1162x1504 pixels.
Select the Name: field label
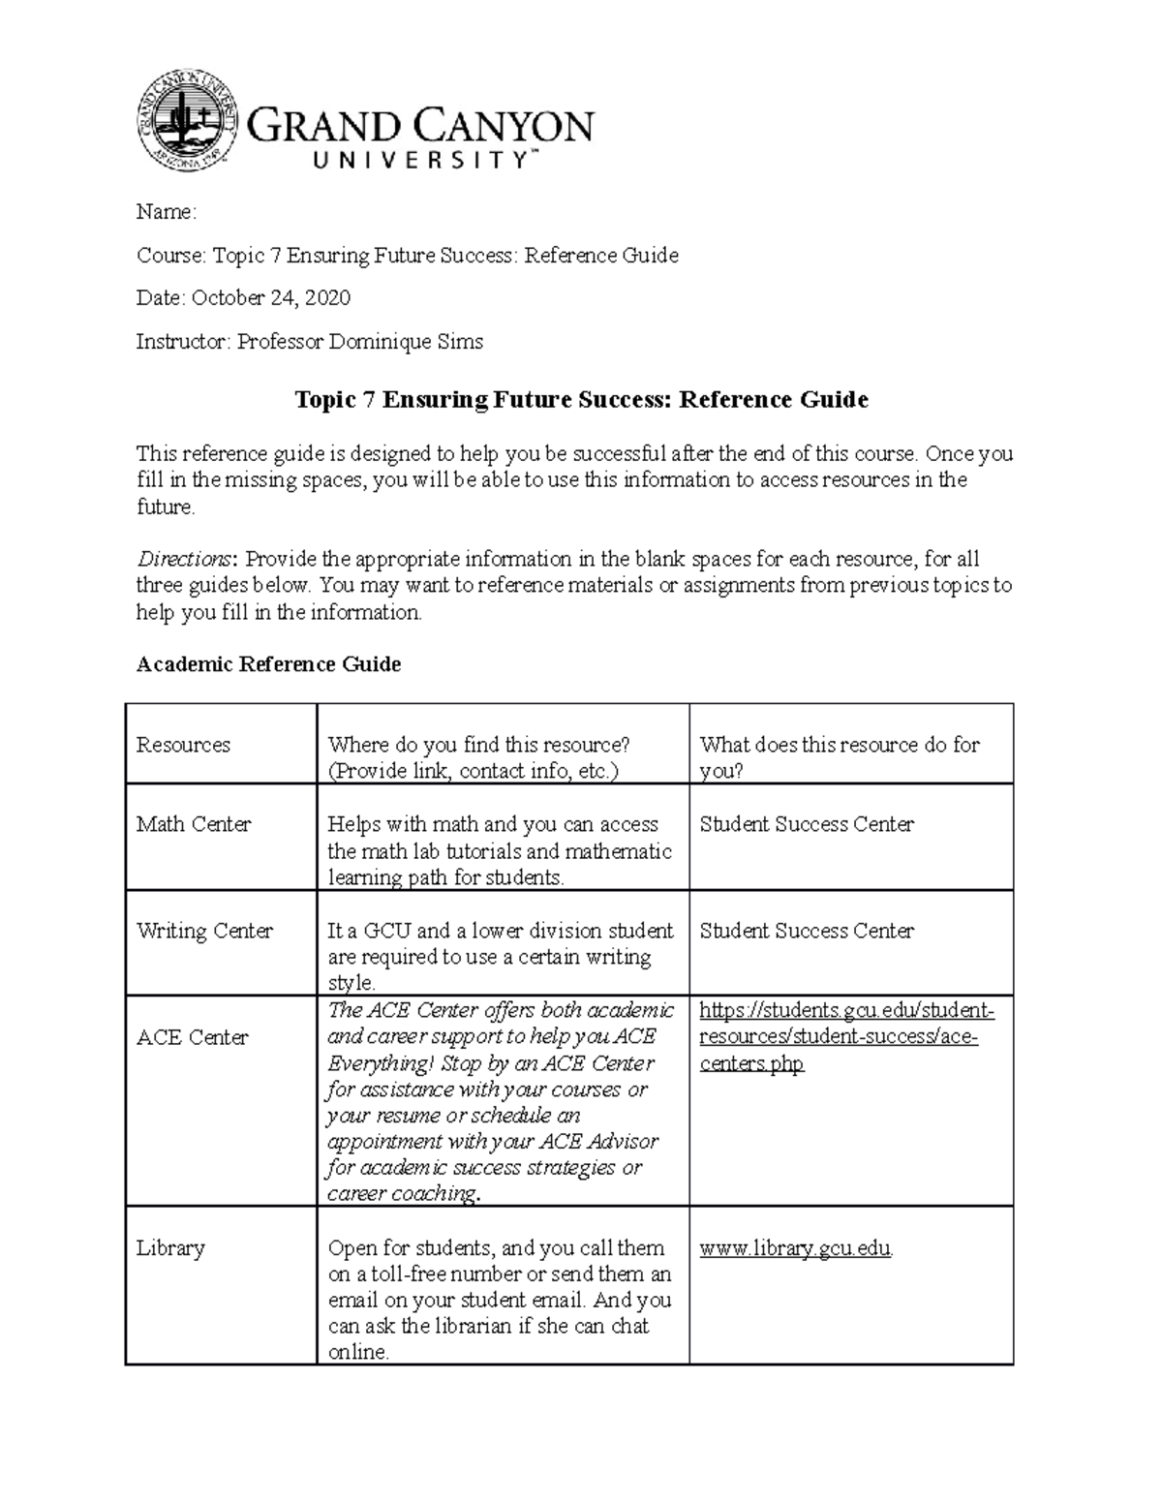point(167,212)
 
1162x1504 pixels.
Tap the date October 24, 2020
point(271,298)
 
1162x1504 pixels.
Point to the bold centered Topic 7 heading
point(581,400)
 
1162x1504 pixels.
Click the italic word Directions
point(184,560)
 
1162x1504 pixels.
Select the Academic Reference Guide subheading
point(268,664)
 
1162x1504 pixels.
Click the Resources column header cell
point(183,745)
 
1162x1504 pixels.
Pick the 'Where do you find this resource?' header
point(479,745)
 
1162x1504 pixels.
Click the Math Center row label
point(194,824)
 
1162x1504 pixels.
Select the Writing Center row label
point(204,931)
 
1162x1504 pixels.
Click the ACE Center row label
point(193,1037)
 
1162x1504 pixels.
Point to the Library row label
point(170,1247)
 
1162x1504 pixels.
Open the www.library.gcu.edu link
point(795,1248)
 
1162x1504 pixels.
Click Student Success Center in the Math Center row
point(806,824)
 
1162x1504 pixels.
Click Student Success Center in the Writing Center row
point(806,931)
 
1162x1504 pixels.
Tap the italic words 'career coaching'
point(401,1194)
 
